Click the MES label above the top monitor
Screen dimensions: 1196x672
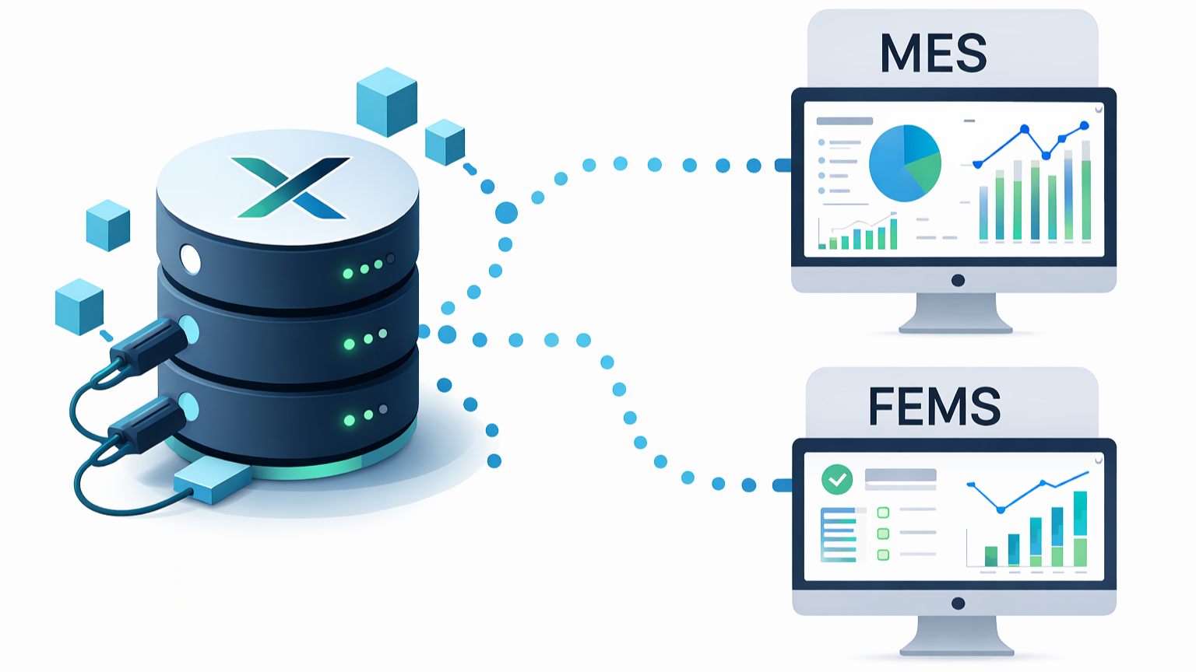coord(934,53)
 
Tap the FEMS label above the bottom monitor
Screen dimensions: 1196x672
coord(934,407)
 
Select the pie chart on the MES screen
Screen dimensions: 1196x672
coord(905,163)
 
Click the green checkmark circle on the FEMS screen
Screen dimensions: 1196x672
coord(837,480)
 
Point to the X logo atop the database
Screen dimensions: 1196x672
coord(290,187)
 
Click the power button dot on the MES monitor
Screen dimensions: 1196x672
coord(958,281)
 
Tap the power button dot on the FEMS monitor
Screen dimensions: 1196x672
coord(958,604)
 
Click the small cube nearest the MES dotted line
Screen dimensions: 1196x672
coord(445,142)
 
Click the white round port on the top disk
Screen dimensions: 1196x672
coord(190,260)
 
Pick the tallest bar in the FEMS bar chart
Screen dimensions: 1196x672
coord(1080,528)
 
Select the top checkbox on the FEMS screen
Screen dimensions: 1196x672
coord(883,513)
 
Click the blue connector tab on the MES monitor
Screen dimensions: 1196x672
coord(783,165)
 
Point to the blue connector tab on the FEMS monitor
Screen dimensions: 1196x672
coord(782,485)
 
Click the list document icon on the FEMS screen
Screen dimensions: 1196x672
coord(841,534)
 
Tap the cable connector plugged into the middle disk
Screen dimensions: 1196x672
coord(148,346)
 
